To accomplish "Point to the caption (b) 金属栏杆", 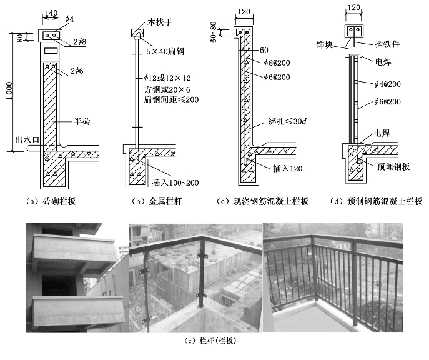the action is pos(152,201).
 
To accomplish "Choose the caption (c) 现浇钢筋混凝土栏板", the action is pos(262,201).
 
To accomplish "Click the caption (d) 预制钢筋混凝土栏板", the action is pos(375,201).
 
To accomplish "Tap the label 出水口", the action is pos(23,141).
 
